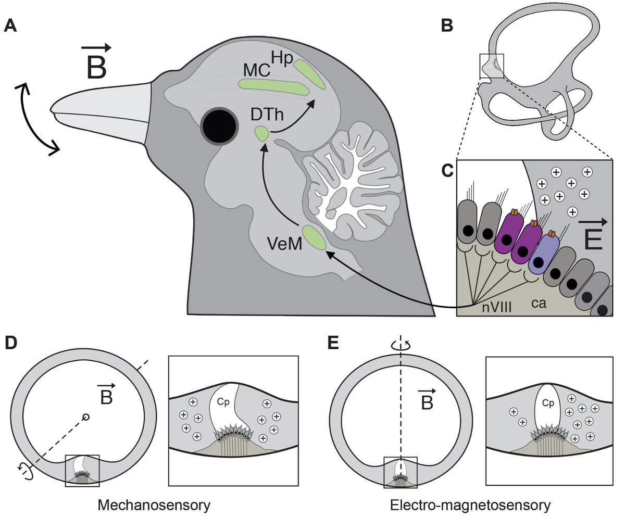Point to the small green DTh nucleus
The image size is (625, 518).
tap(261, 134)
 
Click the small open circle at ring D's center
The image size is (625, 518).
tap(86, 417)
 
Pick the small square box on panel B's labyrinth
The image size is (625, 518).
tap(491, 66)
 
